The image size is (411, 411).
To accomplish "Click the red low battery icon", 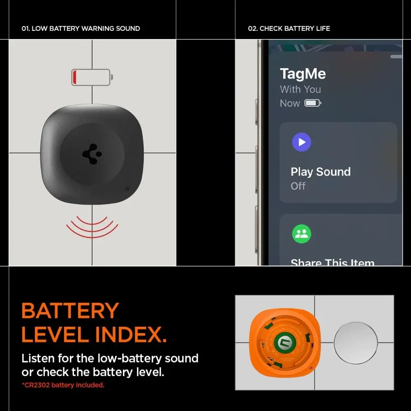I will (x=92, y=77).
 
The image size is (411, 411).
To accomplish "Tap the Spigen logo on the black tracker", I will (x=92, y=155).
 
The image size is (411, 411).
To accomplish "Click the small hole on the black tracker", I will (x=127, y=189).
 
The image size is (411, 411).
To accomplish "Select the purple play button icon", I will (x=302, y=142).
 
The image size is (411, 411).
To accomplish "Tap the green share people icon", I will (x=302, y=234).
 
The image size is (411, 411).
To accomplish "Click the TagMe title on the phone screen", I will (x=302, y=74).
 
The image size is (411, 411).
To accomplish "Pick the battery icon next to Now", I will (x=312, y=103).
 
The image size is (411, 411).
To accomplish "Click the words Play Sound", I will (x=321, y=172).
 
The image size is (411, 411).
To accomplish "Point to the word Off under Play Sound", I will (x=298, y=186).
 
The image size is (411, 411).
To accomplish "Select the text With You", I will (x=300, y=89).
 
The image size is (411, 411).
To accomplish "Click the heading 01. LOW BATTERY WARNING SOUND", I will (x=81, y=29).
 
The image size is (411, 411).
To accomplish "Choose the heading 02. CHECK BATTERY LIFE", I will (x=289, y=29).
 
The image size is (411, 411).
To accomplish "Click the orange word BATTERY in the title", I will (x=70, y=311).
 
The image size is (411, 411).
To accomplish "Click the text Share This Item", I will (x=332, y=262).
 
